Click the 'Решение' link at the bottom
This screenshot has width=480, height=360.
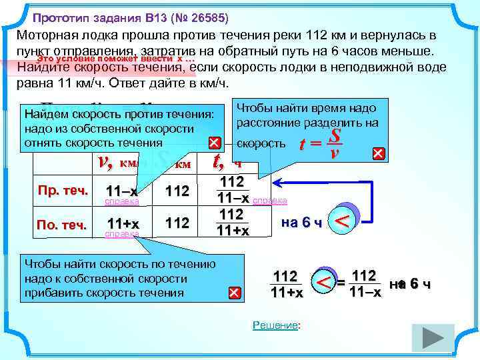tap(276, 325)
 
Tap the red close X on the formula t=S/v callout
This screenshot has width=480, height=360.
tap(378, 153)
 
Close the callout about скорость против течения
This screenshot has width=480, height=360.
tap(213, 143)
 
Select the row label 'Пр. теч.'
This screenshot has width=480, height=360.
tap(63, 191)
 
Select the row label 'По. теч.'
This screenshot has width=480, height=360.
tap(63, 225)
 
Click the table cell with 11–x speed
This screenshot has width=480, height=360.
tap(123, 191)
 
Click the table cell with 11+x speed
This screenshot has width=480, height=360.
tap(123, 223)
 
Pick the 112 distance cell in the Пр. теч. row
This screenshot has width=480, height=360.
tap(177, 191)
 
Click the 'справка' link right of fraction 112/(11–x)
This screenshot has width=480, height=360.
tap(270, 200)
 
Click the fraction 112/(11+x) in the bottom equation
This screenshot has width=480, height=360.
tap(286, 284)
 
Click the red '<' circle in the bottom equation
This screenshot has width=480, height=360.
tap(323, 284)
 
